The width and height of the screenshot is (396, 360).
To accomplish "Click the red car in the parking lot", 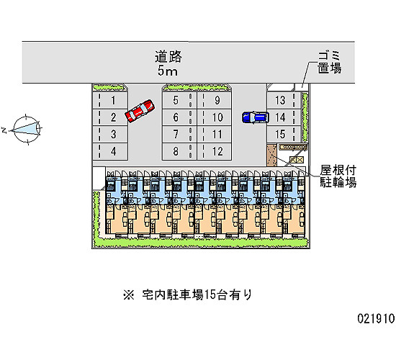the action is coord(140,111).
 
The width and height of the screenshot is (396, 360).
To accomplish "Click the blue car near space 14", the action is coord(255,117).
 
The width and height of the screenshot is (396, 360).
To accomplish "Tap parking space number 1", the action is coord(110,100).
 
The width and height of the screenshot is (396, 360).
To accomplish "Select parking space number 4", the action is coord(110,152).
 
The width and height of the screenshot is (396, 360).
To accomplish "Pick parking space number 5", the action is coord(179,100).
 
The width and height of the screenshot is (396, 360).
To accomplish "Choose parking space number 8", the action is coord(179,152).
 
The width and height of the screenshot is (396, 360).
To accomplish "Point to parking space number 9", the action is coord(214,100).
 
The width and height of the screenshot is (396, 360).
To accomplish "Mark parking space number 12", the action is coord(214,152).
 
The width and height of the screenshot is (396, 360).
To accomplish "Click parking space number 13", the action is coord(284,100).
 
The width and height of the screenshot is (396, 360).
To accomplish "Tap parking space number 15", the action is coord(284,134).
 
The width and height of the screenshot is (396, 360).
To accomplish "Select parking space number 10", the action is coord(214,117).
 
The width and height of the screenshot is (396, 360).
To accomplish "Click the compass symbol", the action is coord(26,130).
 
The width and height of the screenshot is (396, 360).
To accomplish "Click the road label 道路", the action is coord(168,57).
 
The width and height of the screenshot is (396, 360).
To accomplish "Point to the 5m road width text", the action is coord(168,71).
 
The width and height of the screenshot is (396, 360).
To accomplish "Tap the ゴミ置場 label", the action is coord(329,62).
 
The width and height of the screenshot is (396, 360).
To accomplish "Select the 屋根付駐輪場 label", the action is coord(338,176).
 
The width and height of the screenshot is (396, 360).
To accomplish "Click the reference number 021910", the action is coord(376,318).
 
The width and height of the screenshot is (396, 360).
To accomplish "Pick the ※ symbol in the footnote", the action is coord(129,294).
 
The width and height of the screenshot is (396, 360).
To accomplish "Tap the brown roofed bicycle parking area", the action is coord(271,155).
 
